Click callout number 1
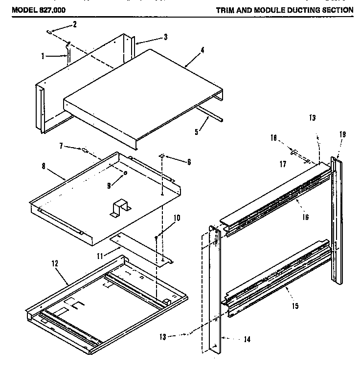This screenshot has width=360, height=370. pos(44,56)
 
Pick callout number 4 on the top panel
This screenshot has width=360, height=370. pos(189,50)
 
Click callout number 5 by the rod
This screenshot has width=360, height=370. pos(196,131)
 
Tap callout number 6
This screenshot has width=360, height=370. pos(189,162)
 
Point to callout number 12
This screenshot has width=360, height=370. pos(55,263)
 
